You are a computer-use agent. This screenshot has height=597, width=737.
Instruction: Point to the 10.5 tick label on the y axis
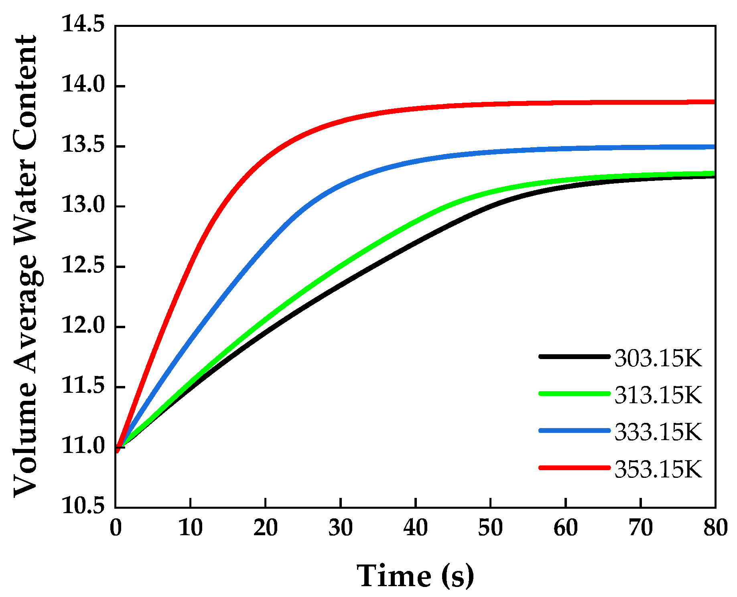click(x=82, y=506)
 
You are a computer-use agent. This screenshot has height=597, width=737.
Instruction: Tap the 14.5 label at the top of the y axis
click(x=82, y=25)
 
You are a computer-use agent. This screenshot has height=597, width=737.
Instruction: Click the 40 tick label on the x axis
click(x=416, y=528)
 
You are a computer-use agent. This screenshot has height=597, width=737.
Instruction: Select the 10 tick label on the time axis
click(x=190, y=528)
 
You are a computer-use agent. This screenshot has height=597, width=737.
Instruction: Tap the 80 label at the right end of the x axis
click(x=715, y=528)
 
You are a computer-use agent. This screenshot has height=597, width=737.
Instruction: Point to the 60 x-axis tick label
click(x=566, y=528)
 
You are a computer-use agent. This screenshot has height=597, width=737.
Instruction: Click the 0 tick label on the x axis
click(x=116, y=528)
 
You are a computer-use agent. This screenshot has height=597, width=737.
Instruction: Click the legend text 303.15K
click(x=658, y=358)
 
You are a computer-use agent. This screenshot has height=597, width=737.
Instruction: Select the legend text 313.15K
click(x=658, y=395)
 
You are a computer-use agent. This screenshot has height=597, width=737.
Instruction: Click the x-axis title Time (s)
click(x=415, y=576)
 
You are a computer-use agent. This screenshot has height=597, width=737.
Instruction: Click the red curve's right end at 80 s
click(x=715, y=102)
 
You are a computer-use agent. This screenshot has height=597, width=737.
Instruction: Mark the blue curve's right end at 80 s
click(x=715, y=147)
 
